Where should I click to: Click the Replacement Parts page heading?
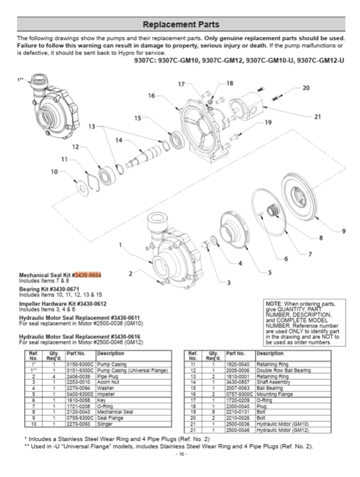[181, 24]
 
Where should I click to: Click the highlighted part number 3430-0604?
[88, 275]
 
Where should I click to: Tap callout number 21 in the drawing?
[317, 117]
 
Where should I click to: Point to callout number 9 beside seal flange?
[343, 231]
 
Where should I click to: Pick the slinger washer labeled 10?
[83, 188]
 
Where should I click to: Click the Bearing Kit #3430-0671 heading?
[49, 289]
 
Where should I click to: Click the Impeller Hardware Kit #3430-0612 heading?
[63, 304]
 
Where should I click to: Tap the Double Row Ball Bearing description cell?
[283, 370]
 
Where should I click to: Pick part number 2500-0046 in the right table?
[238, 430]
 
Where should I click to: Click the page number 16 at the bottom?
[181, 454]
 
